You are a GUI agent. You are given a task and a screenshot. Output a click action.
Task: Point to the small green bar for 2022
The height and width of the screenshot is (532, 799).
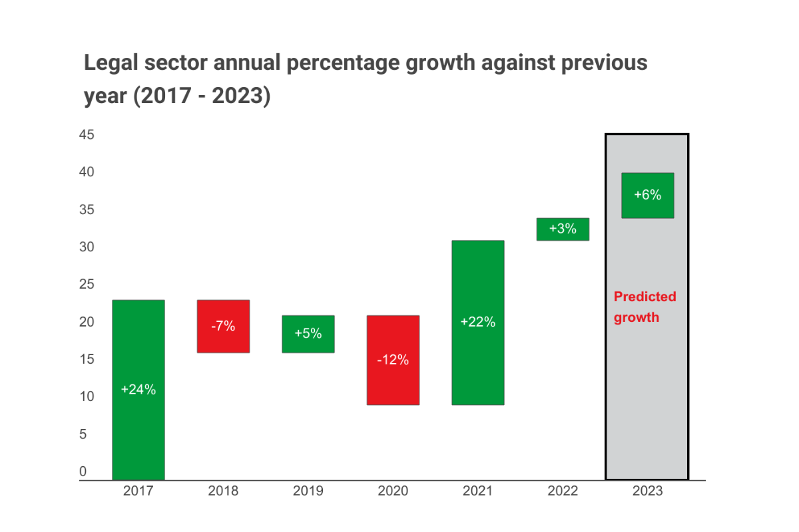pos(563,229)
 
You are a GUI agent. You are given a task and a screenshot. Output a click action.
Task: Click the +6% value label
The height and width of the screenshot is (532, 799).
pos(647,195)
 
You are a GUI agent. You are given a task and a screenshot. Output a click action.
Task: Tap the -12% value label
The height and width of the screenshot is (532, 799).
pos(393,360)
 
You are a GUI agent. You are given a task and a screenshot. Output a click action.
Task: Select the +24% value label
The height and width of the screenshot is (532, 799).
pos(138,390)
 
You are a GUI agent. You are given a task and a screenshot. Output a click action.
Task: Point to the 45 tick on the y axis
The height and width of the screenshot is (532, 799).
pos(87,135)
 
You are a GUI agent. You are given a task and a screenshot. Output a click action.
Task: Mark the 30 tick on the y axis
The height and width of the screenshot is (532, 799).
pos(87,247)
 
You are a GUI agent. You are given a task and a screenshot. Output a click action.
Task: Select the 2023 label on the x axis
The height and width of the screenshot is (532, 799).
pos(647,491)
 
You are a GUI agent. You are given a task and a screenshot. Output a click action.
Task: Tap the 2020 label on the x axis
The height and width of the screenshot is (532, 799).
pos(393,491)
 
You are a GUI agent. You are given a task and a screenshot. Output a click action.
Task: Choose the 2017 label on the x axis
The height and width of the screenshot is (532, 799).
pos(138,491)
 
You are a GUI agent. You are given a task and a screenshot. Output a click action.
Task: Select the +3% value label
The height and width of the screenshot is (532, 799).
pos(563,229)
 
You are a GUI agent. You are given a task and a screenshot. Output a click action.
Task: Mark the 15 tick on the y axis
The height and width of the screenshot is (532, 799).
pos(87,359)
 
